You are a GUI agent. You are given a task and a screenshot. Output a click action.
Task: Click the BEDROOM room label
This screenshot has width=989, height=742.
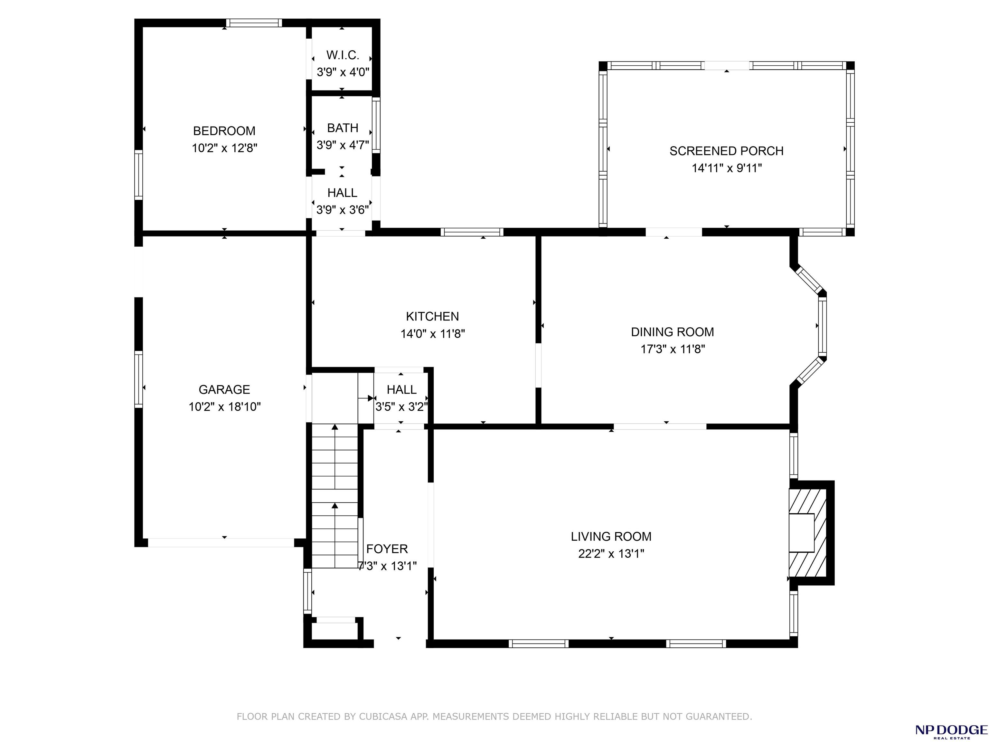point(224,131)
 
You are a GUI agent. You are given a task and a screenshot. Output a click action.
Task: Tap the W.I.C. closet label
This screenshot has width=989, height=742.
point(343,55)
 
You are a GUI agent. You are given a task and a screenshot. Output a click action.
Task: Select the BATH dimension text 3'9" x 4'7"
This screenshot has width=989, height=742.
point(343,145)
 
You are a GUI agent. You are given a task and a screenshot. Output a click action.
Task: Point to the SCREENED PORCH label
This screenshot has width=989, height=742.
point(727,151)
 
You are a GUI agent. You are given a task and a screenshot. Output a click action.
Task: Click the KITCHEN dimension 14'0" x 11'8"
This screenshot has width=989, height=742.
point(433,334)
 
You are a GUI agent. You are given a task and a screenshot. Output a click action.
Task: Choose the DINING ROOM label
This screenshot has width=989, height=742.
point(673,332)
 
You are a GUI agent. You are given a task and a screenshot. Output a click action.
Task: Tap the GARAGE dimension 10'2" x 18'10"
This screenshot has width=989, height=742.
point(224,406)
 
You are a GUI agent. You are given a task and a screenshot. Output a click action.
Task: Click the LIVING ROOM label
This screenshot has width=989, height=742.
point(611,536)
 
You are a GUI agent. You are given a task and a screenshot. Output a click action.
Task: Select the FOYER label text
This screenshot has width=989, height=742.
point(387,549)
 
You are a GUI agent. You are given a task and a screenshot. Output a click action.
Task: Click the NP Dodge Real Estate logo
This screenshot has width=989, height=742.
point(951,731)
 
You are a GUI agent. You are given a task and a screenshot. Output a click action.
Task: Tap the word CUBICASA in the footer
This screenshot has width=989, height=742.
point(383,717)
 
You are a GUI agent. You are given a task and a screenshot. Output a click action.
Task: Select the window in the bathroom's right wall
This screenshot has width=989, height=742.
point(376,125)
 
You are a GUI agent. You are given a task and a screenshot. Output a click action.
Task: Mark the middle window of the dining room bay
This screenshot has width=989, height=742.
point(822,326)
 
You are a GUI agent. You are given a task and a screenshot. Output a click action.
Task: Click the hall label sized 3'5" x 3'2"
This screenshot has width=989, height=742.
point(401,390)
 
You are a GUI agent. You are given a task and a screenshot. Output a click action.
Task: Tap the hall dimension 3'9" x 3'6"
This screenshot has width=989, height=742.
point(343,210)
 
